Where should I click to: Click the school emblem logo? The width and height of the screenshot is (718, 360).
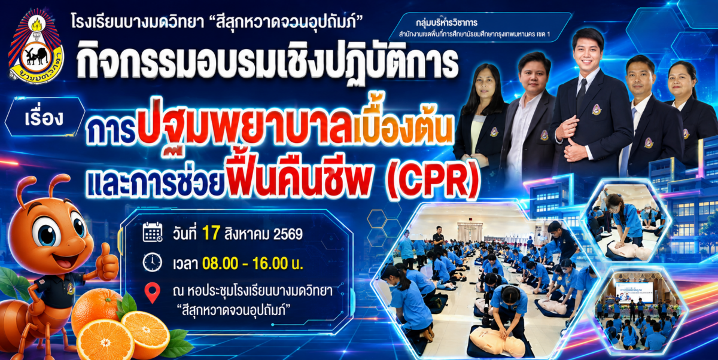point(35,47)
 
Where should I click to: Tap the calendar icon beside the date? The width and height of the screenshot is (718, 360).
point(153,231)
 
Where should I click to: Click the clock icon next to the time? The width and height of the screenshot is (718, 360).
point(152,263)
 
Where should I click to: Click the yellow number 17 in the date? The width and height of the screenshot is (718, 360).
point(211,233)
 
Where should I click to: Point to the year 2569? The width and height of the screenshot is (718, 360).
point(288,234)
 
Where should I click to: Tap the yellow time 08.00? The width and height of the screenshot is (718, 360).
point(220,264)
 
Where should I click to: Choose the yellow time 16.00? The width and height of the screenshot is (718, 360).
point(270,264)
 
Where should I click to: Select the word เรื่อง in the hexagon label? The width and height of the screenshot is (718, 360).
point(44,118)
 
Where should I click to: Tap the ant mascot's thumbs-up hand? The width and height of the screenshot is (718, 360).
point(108,263)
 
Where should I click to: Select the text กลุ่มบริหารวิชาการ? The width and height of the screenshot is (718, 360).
point(446,22)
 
